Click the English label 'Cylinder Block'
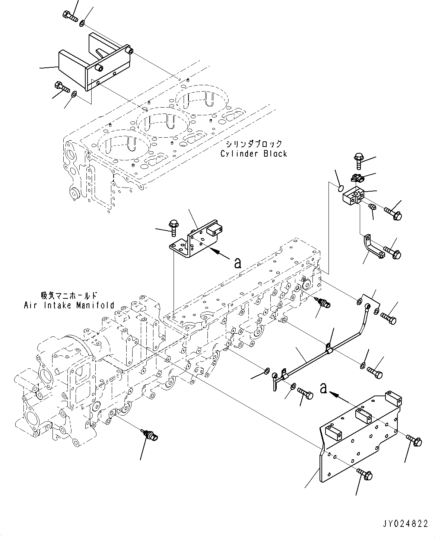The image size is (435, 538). pos(254,153)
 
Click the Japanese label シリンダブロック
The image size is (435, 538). pos(254,144)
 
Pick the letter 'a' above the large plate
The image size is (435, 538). pos(324,389)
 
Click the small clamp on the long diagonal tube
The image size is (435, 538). pos(328,348)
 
